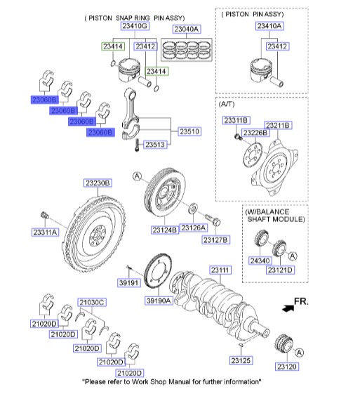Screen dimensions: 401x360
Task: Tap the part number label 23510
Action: pyautogui.click(x=189, y=131)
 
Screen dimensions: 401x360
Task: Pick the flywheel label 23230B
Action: pyautogui.click(x=98, y=183)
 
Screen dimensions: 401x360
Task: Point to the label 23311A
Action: pyautogui.click(x=45, y=231)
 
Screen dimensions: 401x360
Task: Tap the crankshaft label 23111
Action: pyautogui.click(x=221, y=270)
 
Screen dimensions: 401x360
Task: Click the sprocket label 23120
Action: pyautogui.click(x=286, y=367)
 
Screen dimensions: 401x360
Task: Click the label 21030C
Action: pyautogui.click(x=91, y=302)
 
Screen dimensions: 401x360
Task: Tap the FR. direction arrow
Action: pyautogui.click(x=287, y=307)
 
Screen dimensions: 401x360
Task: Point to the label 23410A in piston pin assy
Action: pyautogui.click(x=269, y=26)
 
